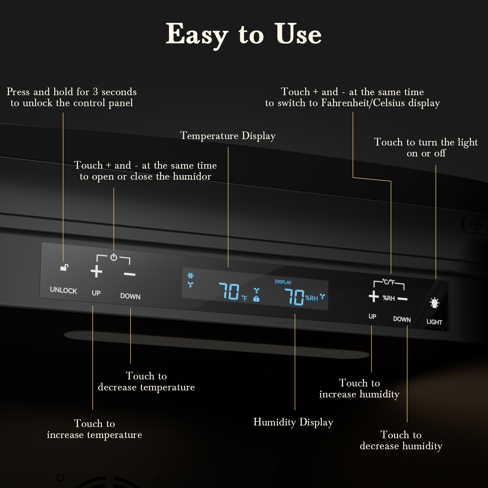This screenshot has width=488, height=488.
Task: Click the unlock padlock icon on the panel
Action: pyautogui.click(x=64, y=267)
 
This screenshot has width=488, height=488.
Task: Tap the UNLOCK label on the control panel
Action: pyautogui.click(x=63, y=290)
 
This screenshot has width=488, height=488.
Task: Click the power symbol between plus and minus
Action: pyautogui.click(x=114, y=257)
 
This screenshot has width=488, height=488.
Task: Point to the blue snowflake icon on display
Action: pyautogui.click(x=191, y=276)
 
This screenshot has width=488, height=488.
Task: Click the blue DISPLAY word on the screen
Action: pyautogui.click(x=283, y=282)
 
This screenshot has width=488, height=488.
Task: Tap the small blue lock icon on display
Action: pyautogui.click(x=257, y=299)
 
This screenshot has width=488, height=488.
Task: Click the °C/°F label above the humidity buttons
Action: pyautogui.click(x=389, y=282)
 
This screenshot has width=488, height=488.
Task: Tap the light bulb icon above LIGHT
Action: pyautogui.click(x=434, y=303)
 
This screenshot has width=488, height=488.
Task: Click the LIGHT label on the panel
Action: pyautogui.click(x=434, y=322)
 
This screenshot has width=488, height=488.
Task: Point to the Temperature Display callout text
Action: pyautogui.click(x=228, y=136)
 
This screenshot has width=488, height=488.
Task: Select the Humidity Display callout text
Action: pyautogui.click(x=293, y=422)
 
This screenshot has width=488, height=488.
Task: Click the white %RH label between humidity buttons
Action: pyautogui.click(x=389, y=298)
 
